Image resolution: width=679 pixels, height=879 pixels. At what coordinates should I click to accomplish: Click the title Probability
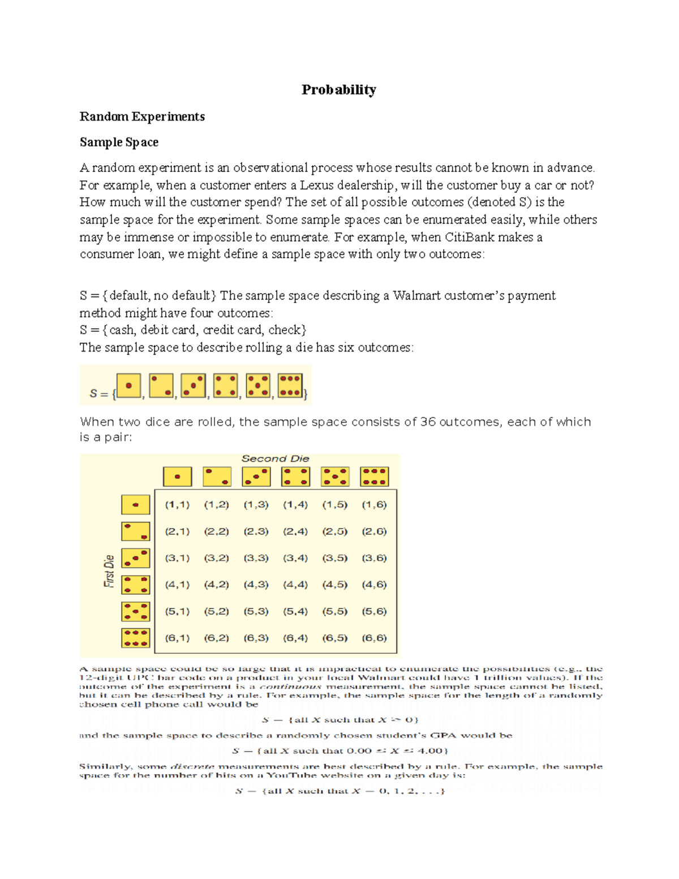point(338,90)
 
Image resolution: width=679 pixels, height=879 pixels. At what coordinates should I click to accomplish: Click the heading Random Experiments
point(142,117)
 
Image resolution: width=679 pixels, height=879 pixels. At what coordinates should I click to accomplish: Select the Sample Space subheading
point(119,142)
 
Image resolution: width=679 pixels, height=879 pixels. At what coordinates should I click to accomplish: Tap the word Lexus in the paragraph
point(316,185)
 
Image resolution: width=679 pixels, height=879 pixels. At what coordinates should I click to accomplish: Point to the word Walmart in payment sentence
point(416,295)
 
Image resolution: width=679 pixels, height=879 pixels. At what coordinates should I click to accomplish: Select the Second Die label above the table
point(275,458)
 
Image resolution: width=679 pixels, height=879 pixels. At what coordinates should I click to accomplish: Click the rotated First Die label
point(109,571)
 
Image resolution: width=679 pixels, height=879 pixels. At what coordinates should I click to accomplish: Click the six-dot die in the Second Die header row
point(374,477)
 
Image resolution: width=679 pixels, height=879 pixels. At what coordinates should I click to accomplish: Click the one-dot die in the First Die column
point(135,505)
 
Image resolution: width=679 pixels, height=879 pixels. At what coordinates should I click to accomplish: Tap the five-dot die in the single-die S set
point(258,385)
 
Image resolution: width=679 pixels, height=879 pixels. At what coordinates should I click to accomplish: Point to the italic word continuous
point(290,687)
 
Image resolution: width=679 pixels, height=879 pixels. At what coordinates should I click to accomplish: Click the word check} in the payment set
point(287,330)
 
